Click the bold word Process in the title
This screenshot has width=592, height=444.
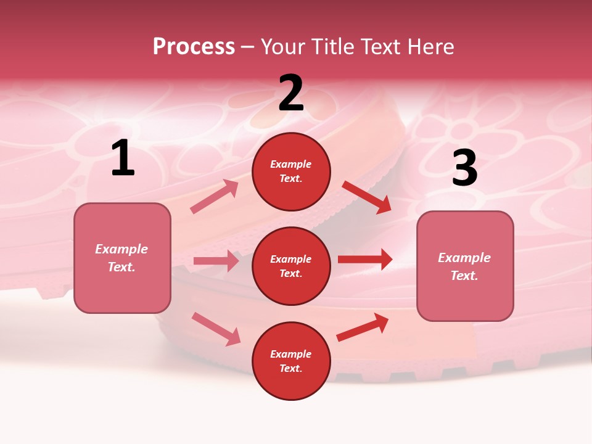[194, 47]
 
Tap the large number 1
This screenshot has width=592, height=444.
[123, 158]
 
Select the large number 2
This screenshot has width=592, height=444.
[291, 93]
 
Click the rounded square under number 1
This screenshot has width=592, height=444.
[122, 258]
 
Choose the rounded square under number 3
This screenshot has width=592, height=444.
[465, 266]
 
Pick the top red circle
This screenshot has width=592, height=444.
[291, 171]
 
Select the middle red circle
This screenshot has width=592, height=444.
[291, 266]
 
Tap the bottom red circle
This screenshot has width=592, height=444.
[291, 361]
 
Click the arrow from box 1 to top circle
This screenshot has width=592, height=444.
[215, 196]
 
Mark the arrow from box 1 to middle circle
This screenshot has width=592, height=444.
[216, 261]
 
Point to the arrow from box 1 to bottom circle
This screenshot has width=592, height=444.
[216, 329]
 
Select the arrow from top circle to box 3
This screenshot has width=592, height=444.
[366, 197]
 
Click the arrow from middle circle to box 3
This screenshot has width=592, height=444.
[365, 260]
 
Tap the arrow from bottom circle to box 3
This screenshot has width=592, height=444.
[363, 327]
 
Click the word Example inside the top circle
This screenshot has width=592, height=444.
[291, 164]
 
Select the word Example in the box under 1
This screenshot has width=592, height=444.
[121, 249]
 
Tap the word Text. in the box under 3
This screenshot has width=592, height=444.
[464, 276]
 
